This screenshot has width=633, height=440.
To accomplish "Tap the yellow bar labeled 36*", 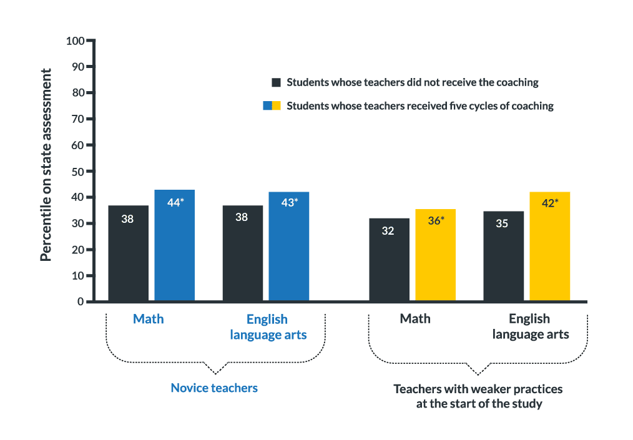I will (435, 255).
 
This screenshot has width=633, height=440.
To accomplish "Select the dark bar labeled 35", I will (503, 256).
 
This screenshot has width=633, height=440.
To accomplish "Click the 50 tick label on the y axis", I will (78, 171).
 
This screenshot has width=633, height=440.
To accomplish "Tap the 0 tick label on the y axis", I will (81, 301).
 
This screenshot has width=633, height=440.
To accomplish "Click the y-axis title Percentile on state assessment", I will (46, 164).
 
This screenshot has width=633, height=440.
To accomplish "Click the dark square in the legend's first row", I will (276, 82).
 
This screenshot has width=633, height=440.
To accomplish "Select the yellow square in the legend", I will (277, 106).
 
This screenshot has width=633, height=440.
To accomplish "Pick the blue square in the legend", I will (267, 106).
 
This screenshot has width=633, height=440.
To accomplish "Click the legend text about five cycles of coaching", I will (420, 106).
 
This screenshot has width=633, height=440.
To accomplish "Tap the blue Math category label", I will (149, 319).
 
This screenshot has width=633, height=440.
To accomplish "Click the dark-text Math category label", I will (415, 319).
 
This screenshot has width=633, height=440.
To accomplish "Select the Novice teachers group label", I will (214, 388).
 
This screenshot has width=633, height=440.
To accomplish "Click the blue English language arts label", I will (268, 326).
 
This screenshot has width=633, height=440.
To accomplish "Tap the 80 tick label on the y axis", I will (78, 92).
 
